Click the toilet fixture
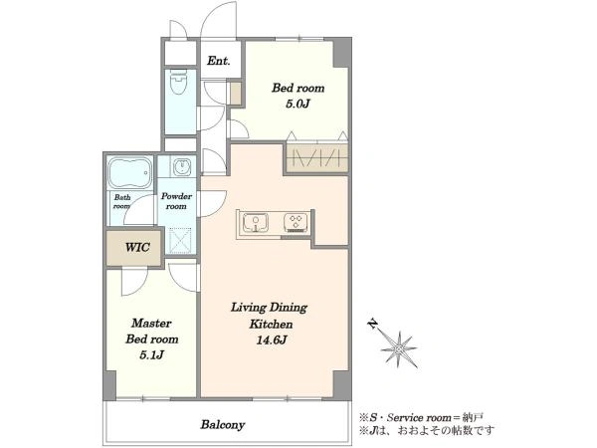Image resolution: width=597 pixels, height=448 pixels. pyautogui.click(x=178, y=82)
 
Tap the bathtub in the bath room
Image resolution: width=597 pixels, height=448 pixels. pyautogui.click(x=130, y=172)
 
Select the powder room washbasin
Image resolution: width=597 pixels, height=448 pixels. pyautogui.click(x=182, y=167)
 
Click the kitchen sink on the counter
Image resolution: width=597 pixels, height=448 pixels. pyautogui.click(x=256, y=222)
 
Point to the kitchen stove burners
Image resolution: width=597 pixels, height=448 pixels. pyautogui.click(x=296, y=222)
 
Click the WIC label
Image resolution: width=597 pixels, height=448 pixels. pyautogui.click(x=137, y=247)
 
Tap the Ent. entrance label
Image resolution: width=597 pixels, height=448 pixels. pyautogui.click(x=219, y=61)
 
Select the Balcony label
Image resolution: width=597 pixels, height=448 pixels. pyautogui.click(x=223, y=424)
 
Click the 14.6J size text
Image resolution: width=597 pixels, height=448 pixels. pyautogui.click(x=271, y=340)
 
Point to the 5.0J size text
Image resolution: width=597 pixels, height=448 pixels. pyautogui.click(x=298, y=104)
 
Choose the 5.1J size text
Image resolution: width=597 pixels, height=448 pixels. pyautogui.click(x=151, y=355)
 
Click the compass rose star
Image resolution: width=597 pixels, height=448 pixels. pyautogui.click(x=399, y=349)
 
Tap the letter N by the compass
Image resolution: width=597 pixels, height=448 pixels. pyautogui.click(x=373, y=325)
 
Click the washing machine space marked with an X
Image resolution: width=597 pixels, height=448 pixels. pyautogui.click(x=180, y=241)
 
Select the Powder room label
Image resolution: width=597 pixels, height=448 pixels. pyautogui.click(x=176, y=201)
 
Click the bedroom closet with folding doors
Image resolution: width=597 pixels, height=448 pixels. pyautogui.click(x=317, y=157)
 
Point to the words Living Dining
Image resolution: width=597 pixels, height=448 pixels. pyautogui.click(x=270, y=308)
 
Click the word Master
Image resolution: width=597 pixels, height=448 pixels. pyautogui.click(x=151, y=324)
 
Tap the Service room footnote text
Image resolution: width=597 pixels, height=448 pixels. pyautogui.click(x=422, y=417)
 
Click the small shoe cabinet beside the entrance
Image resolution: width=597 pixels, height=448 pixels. pyautogui.click(x=236, y=93)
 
